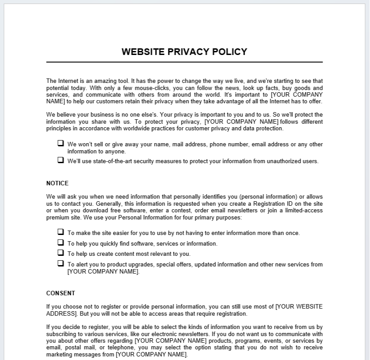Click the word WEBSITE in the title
[x=143, y=52]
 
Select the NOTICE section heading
[x=57, y=183]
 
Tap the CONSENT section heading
[x=61, y=293]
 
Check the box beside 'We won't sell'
[x=60, y=143]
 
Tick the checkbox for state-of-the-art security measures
[x=60, y=160]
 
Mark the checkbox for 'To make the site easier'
[x=60, y=232]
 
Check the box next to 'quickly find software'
[x=60, y=243]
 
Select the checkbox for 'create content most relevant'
[x=60, y=253]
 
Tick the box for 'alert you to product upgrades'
[x=60, y=263]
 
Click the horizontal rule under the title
[x=184, y=62]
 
